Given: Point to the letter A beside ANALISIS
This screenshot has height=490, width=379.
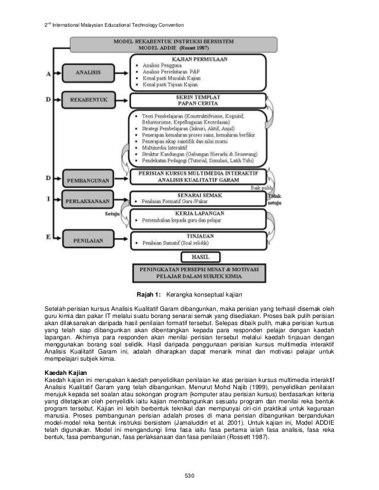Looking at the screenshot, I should pos(47,73).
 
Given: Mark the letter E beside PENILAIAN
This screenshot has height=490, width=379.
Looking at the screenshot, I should pos(47,236).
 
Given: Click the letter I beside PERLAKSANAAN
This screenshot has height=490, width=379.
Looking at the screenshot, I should pos(47,200).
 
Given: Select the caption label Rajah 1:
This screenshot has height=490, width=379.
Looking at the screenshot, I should pos(149,294).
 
